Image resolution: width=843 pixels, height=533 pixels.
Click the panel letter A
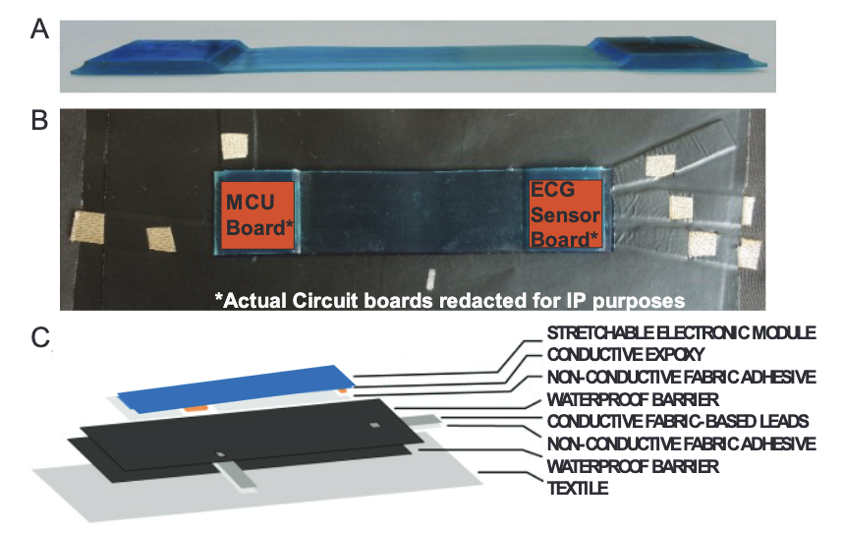[39, 30]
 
